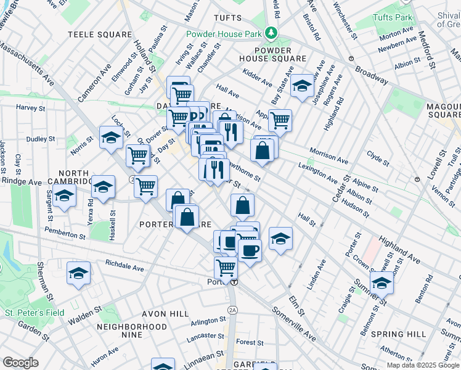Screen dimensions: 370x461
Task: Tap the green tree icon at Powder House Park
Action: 271,33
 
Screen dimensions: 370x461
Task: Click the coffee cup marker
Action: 250,250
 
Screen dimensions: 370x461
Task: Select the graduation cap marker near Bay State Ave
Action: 302,86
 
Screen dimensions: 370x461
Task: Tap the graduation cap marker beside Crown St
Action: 381,282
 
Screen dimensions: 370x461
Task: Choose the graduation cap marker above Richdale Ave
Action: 78,273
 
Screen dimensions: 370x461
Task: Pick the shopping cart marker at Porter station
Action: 226,268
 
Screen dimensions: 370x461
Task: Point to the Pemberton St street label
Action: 65,236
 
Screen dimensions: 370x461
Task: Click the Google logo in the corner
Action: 20,362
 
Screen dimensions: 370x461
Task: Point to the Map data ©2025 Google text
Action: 422,365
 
